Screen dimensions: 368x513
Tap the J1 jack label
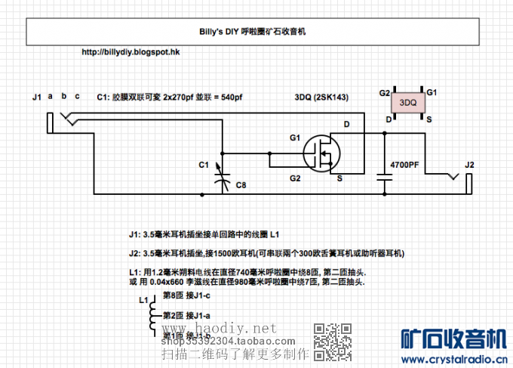pyautogui.click(x=37, y=97)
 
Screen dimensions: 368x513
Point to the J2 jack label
pyautogui.click(x=469, y=165)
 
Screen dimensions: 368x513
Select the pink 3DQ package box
pyautogui.click(x=408, y=103)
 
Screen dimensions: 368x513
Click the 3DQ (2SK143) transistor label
pyautogui.click(x=321, y=98)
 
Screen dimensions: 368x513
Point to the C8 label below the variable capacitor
pyautogui.click(x=241, y=185)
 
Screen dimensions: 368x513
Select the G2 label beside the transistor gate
pyautogui.click(x=295, y=178)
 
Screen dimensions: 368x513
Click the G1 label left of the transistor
pyautogui.click(x=295, y=138)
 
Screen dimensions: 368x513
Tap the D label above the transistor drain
pyautogui.click(x=346, y=124)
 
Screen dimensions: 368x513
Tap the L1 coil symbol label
pyautogui.click(x=143, y=300)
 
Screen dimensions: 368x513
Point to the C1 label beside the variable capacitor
pyautogui.click(x=203, y=164)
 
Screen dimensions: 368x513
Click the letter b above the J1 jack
pyautogui.click(x=64, y=96)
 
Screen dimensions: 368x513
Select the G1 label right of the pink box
pyautogui.click(x=432, y=92)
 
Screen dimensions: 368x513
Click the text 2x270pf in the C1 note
pyautogui.click(x=179, y=98)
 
